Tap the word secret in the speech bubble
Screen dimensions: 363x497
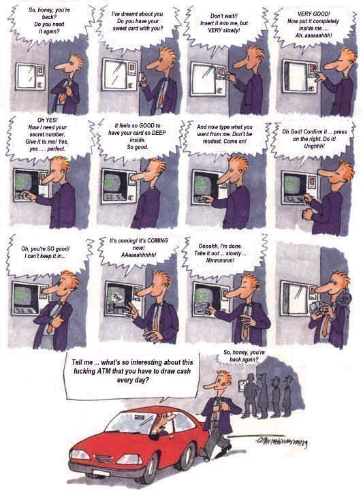[38, 134]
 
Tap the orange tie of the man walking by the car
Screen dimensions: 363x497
[216, 410]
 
